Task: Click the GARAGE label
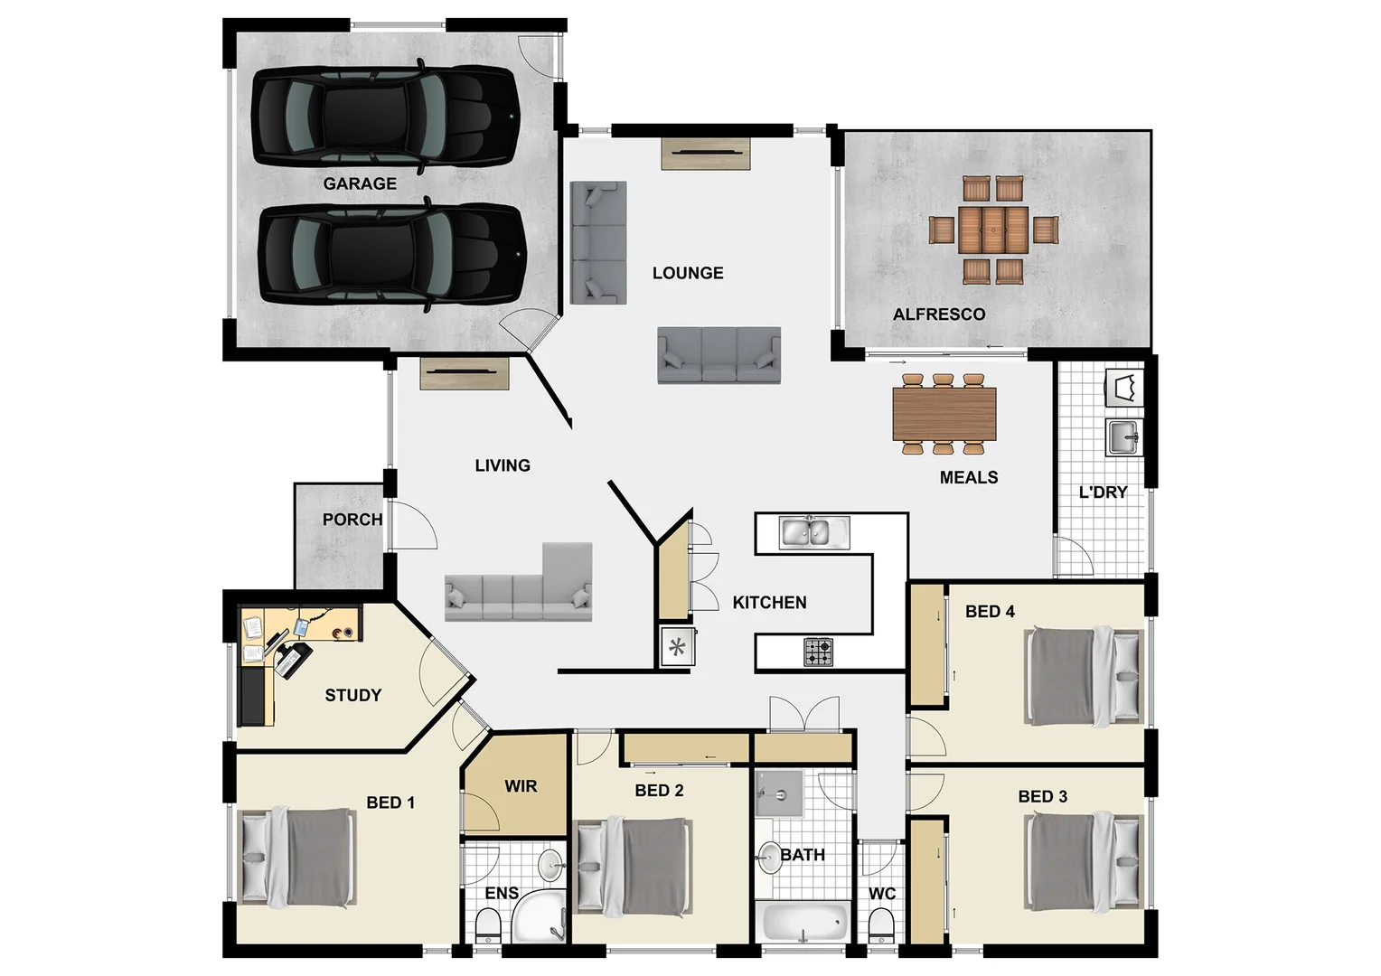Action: click(360, 183)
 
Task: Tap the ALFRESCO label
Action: click(939, 314)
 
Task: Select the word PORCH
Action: click(352, 520)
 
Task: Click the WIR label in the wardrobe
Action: click(521, 786)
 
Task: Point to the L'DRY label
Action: click(1103, 493)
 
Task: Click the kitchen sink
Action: click(814, 532)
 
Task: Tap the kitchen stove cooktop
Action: click(818, 652)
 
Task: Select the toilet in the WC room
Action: click(880, 924)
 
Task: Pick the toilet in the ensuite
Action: click(488, 924)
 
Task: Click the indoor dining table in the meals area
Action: click(944, 414)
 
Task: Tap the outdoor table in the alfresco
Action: click(992, 230)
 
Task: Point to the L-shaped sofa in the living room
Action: click(519, 587)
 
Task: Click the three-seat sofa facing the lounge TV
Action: click(719, 356)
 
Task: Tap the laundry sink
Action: click(1124, 437)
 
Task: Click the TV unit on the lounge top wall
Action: click(706, 153)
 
